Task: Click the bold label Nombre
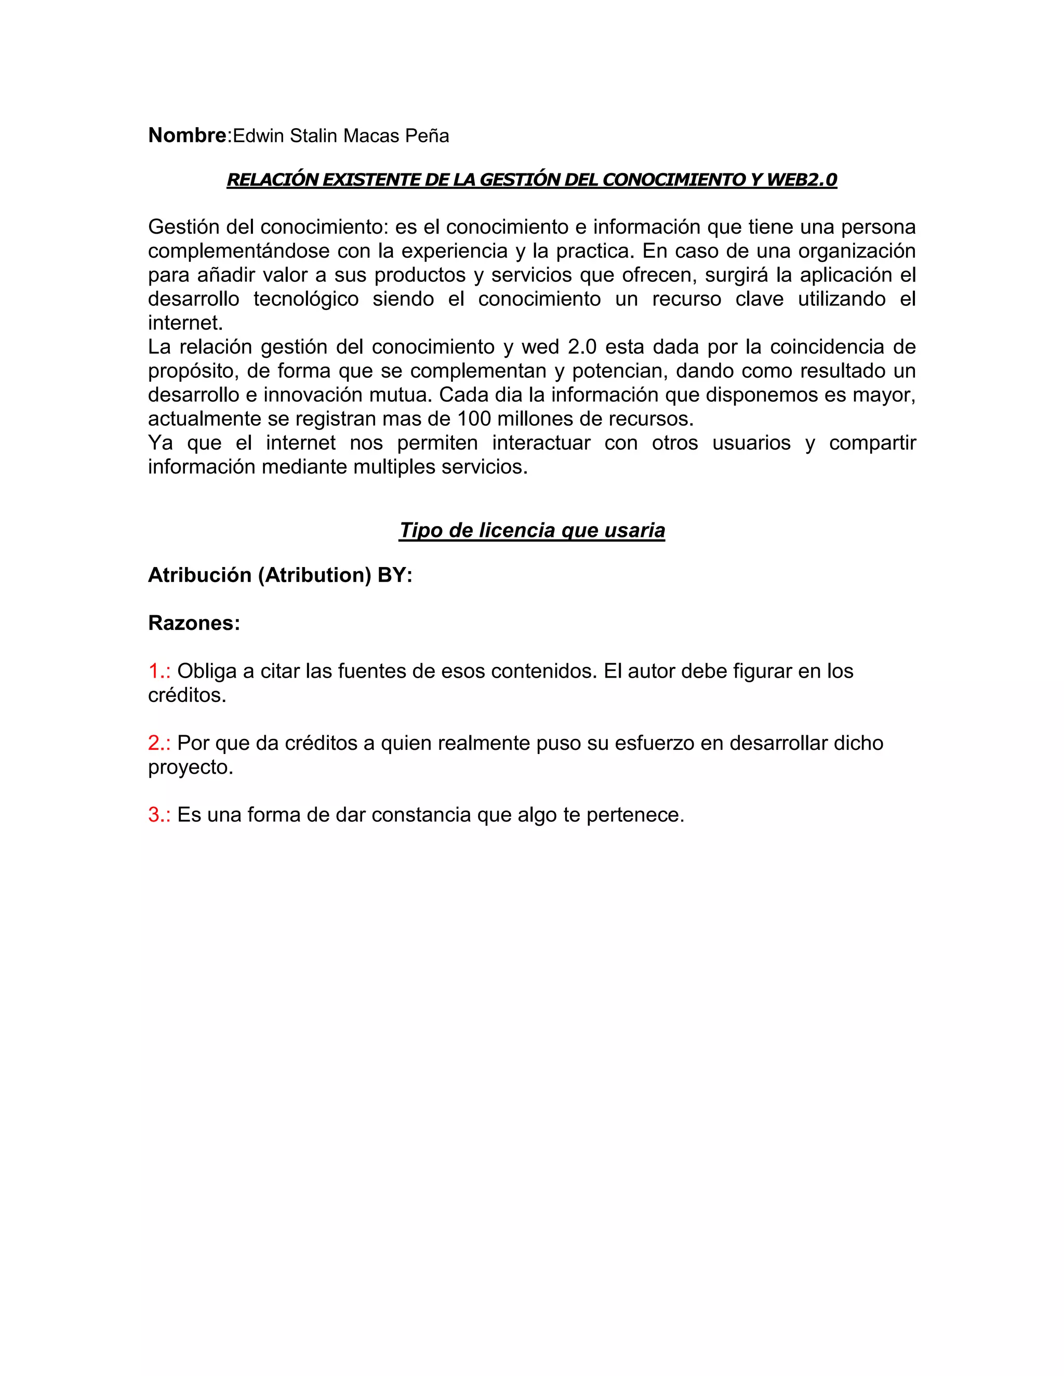pyautogui.click(x=187, y=136)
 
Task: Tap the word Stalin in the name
pyautogui.click(x=314, y=136)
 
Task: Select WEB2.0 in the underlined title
pyautogui.click(x=801, y=180)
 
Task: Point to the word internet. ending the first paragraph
pyautogui.click(x=185, y=323)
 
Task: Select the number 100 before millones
pyautogui.click(x=473, y=419)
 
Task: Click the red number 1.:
pyautogui.click(x=159, y=671)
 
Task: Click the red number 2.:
pyautogui.click(x=159, y=743)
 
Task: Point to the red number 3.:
pyautogui.click(x=159, y=815)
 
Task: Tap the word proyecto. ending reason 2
pyautogui.click(x=190, y=767)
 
